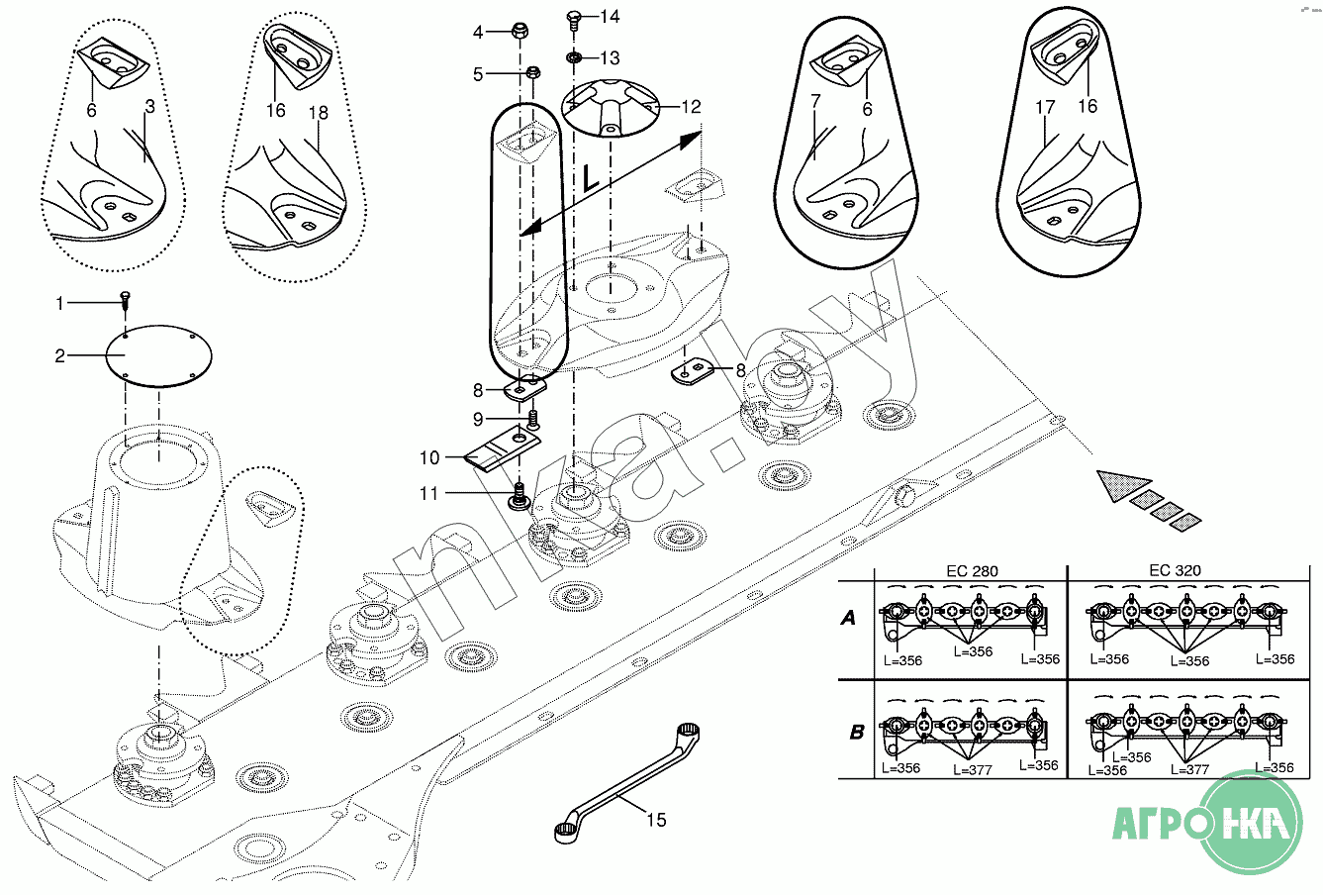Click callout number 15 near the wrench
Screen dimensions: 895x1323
coord(656,820)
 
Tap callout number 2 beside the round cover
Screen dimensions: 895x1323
coord(60,356)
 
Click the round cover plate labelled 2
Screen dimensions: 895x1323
coord(158,354)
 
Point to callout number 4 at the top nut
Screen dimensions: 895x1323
coord(478,33)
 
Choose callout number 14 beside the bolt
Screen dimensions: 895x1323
coord(609,16)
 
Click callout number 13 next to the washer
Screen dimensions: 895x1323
coord(609,58)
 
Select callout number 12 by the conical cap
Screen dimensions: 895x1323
coord(690,106)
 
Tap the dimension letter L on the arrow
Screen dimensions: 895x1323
coord(590,179)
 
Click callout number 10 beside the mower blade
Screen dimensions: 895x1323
coord(429,458)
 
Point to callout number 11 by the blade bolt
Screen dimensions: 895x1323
coord(428,493)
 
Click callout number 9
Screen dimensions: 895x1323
coord(478,419)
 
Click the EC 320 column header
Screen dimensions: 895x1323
coord(1174,571)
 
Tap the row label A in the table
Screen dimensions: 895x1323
coord(848,619)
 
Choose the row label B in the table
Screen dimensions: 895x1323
coord(856,734)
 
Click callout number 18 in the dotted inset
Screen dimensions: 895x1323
coord(318,113)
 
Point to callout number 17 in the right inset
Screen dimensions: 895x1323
coord(1046,107)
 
